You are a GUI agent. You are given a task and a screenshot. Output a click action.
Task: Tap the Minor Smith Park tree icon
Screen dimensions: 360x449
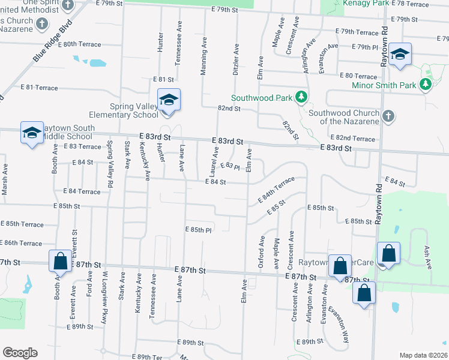[425, 85]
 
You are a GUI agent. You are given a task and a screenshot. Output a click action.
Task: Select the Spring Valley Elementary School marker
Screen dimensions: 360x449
[169, 100]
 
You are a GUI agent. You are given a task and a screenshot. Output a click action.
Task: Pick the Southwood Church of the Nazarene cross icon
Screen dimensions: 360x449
[387, 116]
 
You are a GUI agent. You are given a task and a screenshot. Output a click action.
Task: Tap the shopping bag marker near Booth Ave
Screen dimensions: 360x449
[60, 262]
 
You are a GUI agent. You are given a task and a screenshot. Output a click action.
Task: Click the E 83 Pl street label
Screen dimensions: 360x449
[230, 166]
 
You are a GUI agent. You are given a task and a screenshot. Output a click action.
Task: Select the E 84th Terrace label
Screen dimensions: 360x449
[277, 189]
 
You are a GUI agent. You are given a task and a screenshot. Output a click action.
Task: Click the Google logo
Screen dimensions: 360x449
[20, 353]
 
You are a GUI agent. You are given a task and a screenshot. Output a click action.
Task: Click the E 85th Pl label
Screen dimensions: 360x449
[199, 230]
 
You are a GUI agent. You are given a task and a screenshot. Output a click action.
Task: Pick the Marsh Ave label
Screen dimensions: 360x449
[5, 179]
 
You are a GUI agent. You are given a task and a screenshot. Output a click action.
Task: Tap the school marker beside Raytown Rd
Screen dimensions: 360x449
[399, 55]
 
